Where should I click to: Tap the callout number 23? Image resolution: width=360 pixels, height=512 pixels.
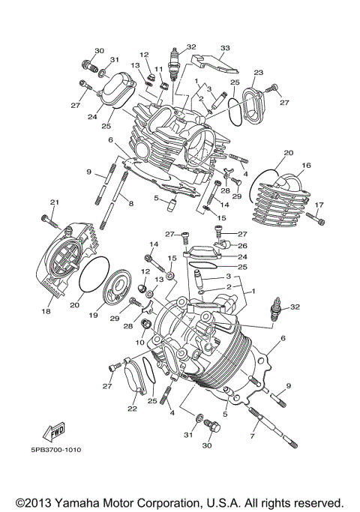click(258, 73)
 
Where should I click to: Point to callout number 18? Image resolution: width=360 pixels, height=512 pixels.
click(46, 310)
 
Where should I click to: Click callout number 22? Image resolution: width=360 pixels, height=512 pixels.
click(133, 409)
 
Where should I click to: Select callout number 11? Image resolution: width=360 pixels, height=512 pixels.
click(158, 69)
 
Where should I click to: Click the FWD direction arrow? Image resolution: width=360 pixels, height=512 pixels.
click(53, 433)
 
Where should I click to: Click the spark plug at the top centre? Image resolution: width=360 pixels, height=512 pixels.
click(176, 64)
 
